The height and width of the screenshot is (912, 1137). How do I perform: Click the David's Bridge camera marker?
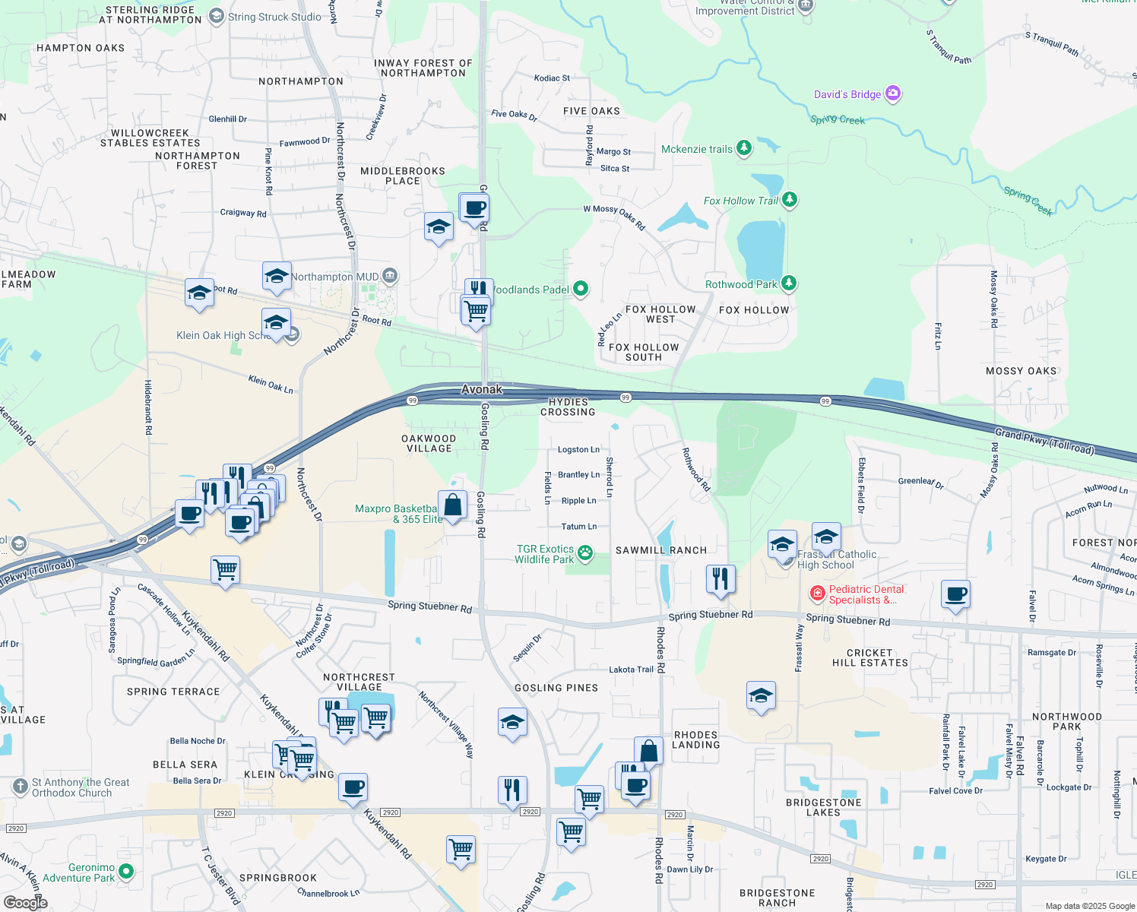[x=893, y=93]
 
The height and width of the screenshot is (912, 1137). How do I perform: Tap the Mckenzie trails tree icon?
[x=744, y=149]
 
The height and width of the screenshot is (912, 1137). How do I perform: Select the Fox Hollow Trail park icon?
[x=790, y=200]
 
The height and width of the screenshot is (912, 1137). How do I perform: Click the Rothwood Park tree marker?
[x=789, y=283]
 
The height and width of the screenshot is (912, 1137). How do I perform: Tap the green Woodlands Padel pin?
[x=581, y=289]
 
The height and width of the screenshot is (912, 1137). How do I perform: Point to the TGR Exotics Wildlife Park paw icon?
[x=585, y=553]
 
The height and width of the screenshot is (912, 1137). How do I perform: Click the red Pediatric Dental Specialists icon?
[x=818, y=593]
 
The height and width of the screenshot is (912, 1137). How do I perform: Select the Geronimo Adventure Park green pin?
[x=126, y=872]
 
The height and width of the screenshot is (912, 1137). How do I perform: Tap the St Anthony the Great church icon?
[x=21, y=787]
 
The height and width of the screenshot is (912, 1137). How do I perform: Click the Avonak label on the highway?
[x=482, y=389]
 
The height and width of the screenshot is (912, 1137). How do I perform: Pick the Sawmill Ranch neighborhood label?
[x=661, y=550]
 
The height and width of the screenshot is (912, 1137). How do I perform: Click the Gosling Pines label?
[x=556, y=688]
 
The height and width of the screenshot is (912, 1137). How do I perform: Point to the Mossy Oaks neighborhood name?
[x=1021, y=371]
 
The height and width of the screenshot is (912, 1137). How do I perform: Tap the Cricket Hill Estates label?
[x=869, y=657]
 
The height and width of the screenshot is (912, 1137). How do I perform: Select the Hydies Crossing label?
[x=568, y=407]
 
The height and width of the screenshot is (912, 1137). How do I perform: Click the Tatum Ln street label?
[x=578, y=526]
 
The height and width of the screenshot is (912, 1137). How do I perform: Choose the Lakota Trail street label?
[x=631, y=670]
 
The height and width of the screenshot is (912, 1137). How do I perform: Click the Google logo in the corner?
[x=25, y=902]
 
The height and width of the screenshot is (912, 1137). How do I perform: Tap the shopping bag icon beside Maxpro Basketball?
[x=453, y=505]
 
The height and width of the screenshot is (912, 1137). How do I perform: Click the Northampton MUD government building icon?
[x=389, y=275]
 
